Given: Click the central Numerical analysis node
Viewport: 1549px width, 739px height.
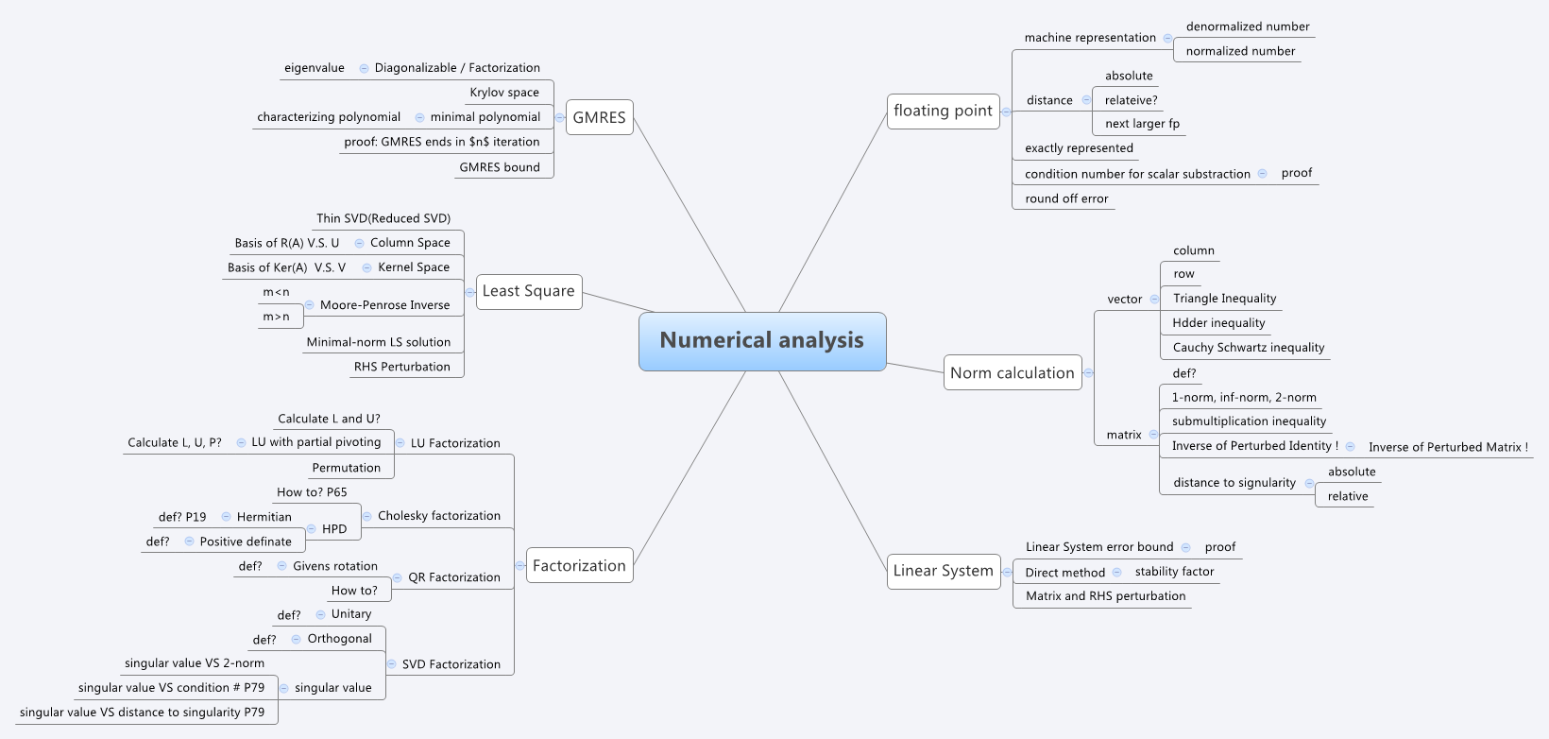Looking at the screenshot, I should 762,341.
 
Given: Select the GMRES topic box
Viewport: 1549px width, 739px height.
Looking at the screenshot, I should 599,118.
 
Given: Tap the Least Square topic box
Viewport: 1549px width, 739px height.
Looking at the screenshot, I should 528,291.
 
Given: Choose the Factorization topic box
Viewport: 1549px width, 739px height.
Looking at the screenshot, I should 579,566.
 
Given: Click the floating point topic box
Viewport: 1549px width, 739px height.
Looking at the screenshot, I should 943,111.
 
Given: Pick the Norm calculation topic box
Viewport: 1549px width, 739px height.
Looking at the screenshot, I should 1012,373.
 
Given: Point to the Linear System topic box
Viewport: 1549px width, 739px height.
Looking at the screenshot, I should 943,571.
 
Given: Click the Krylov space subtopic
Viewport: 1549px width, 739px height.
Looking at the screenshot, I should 504,93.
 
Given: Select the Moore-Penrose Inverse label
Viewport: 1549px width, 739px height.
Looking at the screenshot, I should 384,305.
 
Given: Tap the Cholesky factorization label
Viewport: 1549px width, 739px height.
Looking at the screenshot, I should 439,516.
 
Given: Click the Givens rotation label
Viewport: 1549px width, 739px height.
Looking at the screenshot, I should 335,566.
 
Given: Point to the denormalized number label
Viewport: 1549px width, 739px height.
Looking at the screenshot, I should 1248,26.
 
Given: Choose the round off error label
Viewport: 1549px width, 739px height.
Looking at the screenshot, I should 1066,198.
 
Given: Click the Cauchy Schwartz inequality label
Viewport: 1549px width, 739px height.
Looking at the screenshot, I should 1248,348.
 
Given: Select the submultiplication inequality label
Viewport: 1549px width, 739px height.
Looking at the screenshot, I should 1249,421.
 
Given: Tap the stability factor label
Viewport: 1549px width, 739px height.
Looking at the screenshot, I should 1174,572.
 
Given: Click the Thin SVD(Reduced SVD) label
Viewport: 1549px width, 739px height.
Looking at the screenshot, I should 383,218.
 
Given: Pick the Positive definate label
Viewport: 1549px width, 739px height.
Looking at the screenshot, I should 246,541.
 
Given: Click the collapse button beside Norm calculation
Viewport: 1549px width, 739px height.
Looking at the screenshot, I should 1088,373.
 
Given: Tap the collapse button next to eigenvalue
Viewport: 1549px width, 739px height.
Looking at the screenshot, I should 364,68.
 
